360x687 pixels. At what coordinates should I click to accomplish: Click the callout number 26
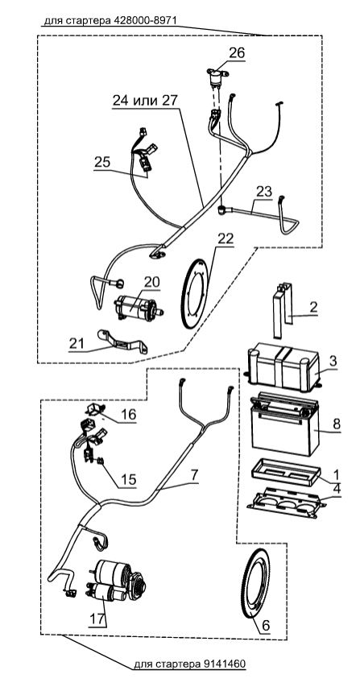pos(237,53)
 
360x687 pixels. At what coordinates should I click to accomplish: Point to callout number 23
pos(264,191)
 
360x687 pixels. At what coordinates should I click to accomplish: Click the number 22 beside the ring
pos(226,238)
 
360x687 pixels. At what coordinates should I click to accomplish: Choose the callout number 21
pos(76,343)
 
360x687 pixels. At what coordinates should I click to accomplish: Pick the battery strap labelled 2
pos(283,310)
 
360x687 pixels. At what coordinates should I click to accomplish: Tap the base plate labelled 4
pos(287,503)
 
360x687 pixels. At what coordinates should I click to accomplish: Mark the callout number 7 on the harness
pos(194,474)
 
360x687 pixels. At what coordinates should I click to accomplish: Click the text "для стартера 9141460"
pos(189,664)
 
